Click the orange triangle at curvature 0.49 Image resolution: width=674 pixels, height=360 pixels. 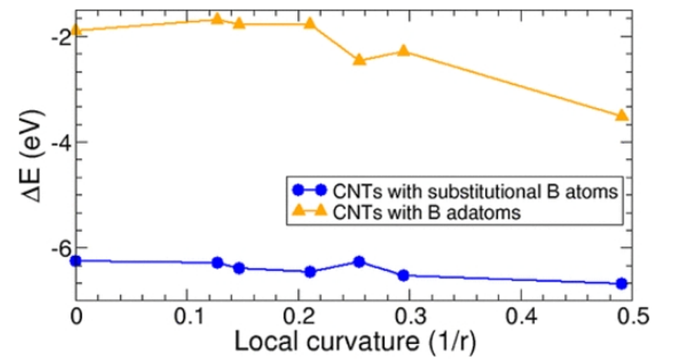[x=621, y=115]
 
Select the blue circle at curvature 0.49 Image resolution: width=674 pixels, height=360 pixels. [x=621, y=284]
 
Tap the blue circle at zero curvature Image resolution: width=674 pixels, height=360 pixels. [x=76, y=261]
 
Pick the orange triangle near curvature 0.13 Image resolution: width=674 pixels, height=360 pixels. [x=217, y=18]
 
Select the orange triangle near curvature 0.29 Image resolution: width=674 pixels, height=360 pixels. [x=404, y=51]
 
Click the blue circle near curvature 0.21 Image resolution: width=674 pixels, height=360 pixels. [x=310, y=272]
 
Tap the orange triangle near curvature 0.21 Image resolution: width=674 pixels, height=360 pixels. [x=310, y=24]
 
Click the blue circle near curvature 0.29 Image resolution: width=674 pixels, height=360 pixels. [x=403, y=275]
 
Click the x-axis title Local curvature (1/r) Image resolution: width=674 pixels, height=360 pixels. [x=357, y=342]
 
